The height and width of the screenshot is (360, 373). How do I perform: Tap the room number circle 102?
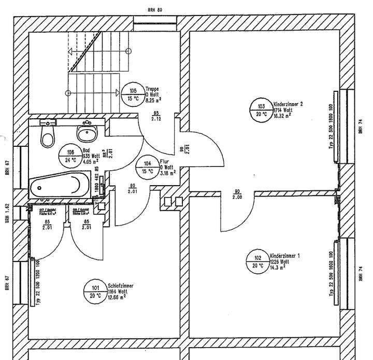(x=257, y=262)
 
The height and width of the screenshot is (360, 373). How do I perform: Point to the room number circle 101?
(x=95, y=293)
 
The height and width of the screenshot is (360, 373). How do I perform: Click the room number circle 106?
(x=71, y=156)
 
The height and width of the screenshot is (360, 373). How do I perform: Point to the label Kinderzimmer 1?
(x=285, y=256)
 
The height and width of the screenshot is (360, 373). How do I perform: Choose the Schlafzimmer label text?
(x=122, y=286)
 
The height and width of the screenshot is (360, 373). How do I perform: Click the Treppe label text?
(x=152, y=89)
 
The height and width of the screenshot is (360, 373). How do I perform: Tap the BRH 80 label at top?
(x=155, y=10)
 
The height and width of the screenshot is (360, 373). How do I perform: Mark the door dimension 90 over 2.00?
(x=237, y=195)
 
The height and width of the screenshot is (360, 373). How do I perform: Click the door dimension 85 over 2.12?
(x=155, y=116)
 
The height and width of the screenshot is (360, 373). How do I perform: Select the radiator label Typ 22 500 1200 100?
(x=38, y=280)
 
